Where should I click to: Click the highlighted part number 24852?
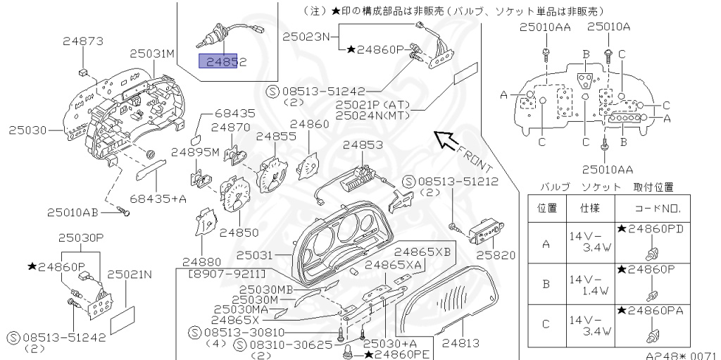(x=223, y=62)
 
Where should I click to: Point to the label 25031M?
(x=151, y=53)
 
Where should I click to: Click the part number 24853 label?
(x=363, y=145)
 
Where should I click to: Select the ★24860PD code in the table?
(x=650, y=229)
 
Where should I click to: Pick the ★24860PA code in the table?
(x=650, y=310)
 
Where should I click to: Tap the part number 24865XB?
(x=422, y=251)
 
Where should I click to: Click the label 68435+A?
(x=158, y=199)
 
